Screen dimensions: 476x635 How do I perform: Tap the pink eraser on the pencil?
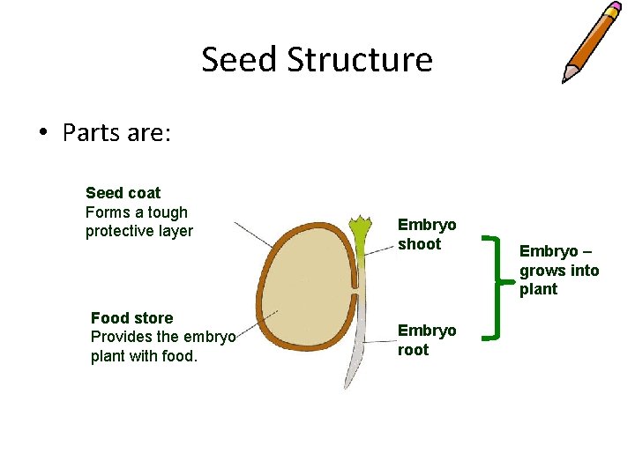(613, 10)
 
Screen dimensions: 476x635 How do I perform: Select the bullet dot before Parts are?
(41, 134)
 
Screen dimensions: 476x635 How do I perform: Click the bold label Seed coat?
(123, 192)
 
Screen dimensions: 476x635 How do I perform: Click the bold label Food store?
(131, 317)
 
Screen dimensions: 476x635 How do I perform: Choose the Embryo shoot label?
(427, 234)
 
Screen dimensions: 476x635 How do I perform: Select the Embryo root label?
(427, 339)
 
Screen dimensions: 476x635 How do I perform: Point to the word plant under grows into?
(538, 289)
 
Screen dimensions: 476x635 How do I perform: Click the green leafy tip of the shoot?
(360, 228)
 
